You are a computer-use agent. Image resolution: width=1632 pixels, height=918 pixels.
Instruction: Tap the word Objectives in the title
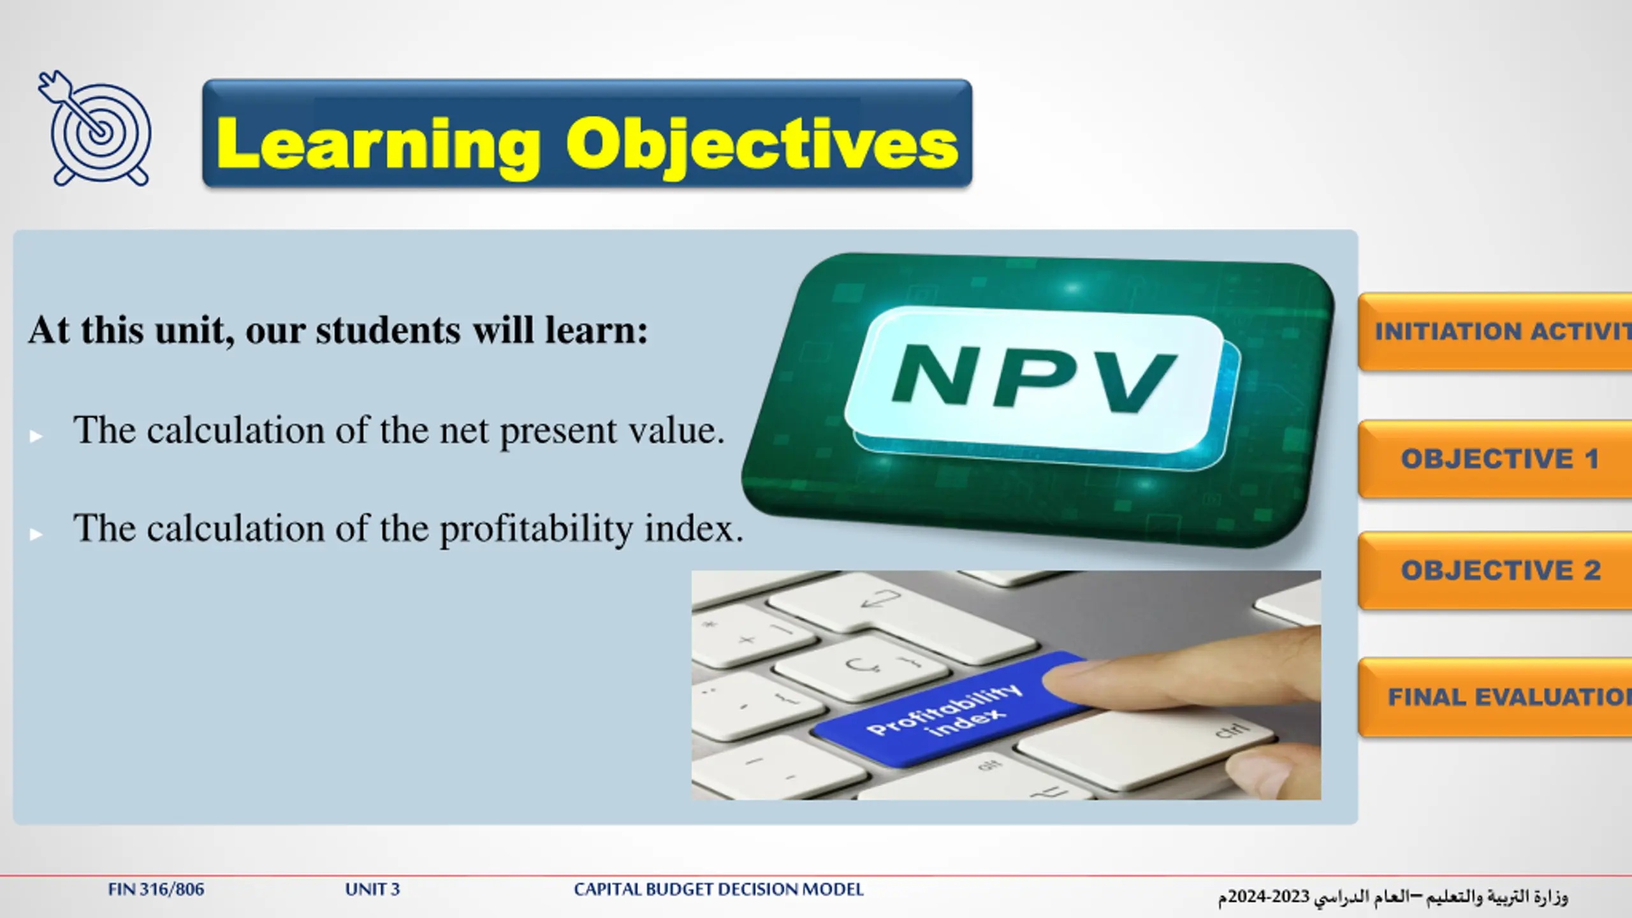pos(762,146)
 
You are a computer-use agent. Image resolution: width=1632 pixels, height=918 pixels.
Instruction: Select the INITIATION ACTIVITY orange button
pos(1495,331)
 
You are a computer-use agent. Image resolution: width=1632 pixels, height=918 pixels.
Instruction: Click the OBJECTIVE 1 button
pos(1495,459)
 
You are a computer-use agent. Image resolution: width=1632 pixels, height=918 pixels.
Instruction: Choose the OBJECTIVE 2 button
pos(1495,571)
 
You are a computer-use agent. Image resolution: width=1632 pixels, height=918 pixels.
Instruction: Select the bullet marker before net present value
pos(36,436)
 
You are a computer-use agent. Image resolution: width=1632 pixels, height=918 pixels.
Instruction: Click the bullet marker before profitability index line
pos(36,534)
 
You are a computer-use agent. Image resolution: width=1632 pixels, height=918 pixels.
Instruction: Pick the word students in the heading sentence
pos(388,330)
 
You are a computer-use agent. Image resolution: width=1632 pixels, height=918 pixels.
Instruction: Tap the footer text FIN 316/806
pos(156,889)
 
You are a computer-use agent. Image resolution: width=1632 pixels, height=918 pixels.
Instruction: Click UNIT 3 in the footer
pos(372,889)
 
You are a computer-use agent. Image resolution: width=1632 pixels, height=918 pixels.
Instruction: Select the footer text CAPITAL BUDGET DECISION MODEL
pos(718,889)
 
